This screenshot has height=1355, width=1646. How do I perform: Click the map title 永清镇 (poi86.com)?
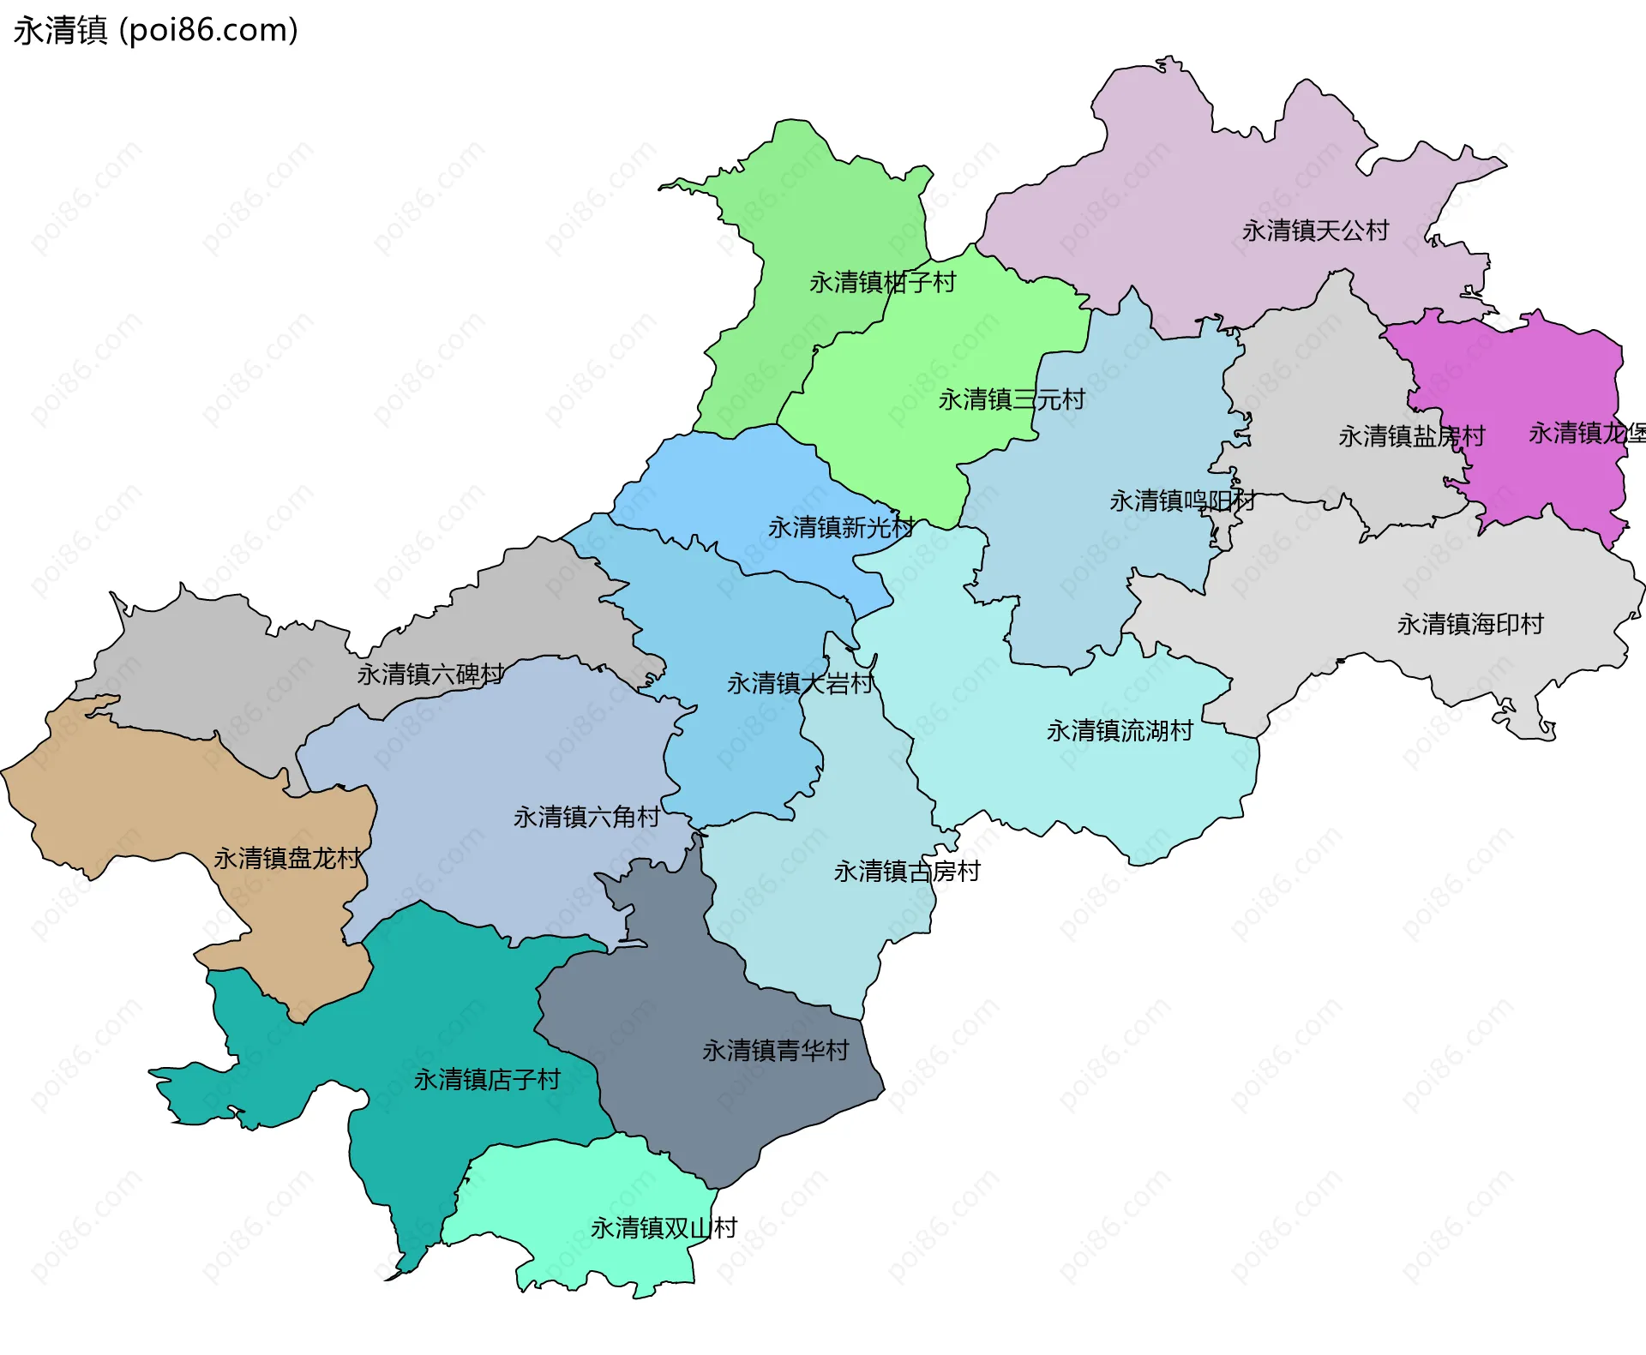coord(156,30)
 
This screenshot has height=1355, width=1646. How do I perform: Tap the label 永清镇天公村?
coord(1315,231)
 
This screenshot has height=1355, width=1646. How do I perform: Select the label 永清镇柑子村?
coord(882,282)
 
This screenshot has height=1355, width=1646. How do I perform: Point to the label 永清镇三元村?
coord(1012,399)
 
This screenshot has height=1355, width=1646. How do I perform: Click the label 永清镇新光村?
coord(841,527)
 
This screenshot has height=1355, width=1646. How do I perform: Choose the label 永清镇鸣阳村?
coord(1182,501)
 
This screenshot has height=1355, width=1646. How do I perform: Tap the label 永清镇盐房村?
coord(1411,436)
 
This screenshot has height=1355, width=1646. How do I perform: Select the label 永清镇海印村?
coord(1470,624)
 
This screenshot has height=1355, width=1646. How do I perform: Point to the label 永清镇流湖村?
coord(1120,731)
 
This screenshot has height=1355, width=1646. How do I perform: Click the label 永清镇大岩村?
coord(800,683)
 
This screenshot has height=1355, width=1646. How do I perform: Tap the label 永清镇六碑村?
coord(430,675)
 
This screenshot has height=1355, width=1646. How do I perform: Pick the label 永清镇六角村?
coord(586,817)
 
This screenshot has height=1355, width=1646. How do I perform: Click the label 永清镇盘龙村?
coord(287,858)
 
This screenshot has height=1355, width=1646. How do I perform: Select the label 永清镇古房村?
coord(907,872)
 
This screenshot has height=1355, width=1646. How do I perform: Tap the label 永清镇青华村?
coord(775,1051)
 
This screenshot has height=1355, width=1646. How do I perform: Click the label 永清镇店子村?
coord(487,1080)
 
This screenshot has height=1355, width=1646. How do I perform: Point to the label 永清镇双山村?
coord(664,1228)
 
